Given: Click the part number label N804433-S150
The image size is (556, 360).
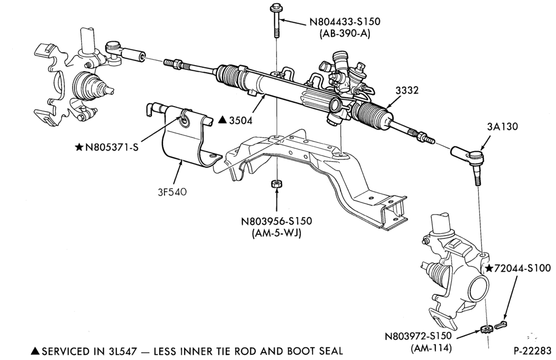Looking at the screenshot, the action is (x=345, y=22).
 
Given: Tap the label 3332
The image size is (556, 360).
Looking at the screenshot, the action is (x=407, y=91).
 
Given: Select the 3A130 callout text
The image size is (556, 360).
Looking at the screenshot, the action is (x=503, y=126).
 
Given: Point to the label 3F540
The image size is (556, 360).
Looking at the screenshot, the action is (x=172, y=192).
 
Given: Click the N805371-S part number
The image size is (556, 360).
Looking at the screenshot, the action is (x=111, y=147).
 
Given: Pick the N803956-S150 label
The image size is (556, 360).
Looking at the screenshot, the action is (x=276, y=221).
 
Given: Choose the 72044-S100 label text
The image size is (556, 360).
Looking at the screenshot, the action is (x=523, y=268).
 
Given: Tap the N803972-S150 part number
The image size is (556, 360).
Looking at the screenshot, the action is (x=419, y=336).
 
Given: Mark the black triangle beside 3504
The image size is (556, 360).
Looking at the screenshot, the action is (x=222, y=120).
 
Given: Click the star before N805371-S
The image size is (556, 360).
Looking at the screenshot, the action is (x=79, y=147).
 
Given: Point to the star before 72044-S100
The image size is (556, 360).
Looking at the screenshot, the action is (x=489, y=268).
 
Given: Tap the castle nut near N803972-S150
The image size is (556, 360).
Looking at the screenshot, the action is (x=485, y=329).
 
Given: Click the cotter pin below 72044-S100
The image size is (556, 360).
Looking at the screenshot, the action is (x=501, y=324).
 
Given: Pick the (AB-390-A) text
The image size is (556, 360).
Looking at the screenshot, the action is (x=345, y=34).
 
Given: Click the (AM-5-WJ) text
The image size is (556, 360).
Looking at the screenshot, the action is (x=276, y=233).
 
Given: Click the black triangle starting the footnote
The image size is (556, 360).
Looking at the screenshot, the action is (x=36, y=351).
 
